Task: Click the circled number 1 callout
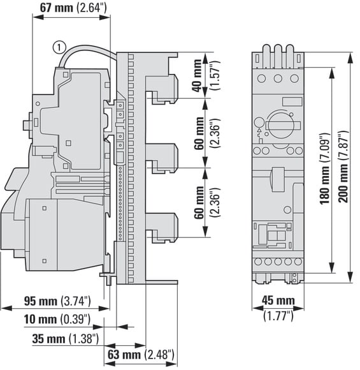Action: pos(59,47)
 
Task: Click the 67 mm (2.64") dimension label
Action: pos(73,8)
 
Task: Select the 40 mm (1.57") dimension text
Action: pos(206,75)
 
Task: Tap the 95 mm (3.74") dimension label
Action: pos(57,301)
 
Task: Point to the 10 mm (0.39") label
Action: pos(57,319)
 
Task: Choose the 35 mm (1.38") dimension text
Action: pos(65,339)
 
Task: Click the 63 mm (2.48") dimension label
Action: pos(141,355)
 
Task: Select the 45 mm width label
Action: pos(278,300)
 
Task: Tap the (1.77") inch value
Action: pos(278,315)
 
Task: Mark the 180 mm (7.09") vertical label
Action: pos(325,168)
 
